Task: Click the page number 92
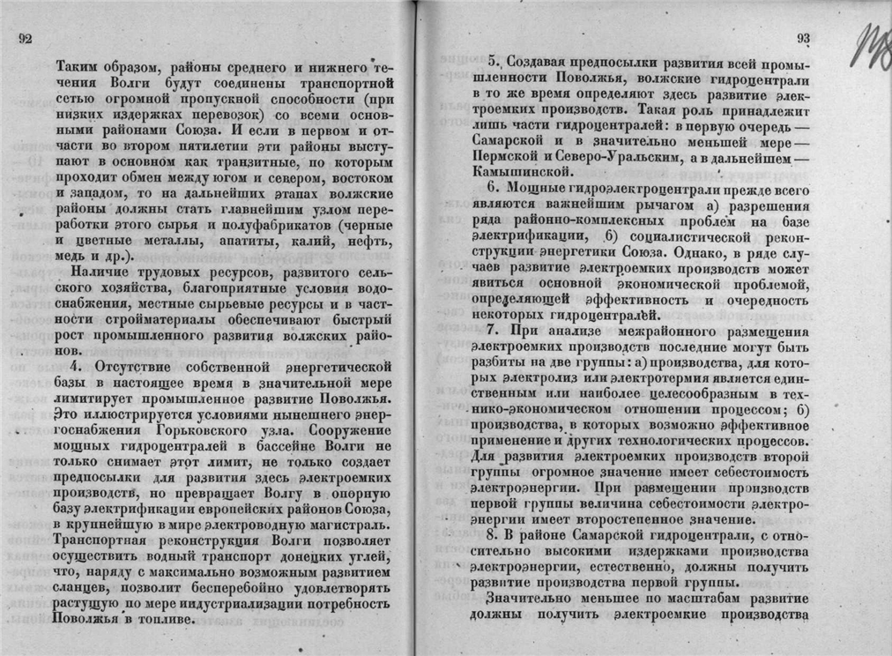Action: [26, 39]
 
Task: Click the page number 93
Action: [802, 38]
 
